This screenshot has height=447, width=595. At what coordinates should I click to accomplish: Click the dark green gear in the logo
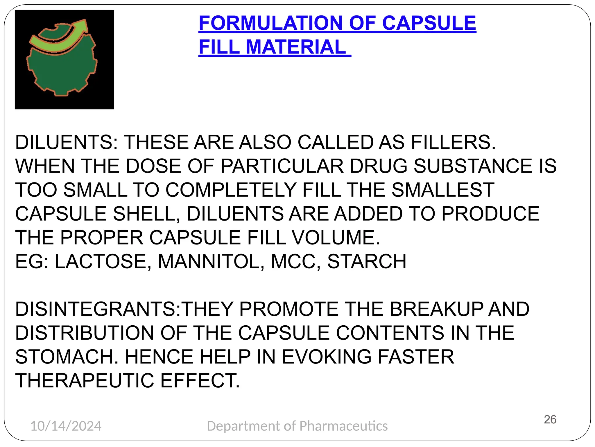click(62, 70)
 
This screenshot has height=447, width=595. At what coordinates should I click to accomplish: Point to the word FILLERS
click(453, 143)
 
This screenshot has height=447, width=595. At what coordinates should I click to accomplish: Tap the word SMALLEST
click(443, 190)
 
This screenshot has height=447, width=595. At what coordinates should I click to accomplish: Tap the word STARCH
click(367, 262)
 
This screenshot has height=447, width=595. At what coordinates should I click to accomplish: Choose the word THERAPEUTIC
click(85, 381)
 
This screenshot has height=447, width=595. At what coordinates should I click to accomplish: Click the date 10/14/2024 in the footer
click(66, 426)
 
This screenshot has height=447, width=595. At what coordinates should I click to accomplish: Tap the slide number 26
click(550, 420)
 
